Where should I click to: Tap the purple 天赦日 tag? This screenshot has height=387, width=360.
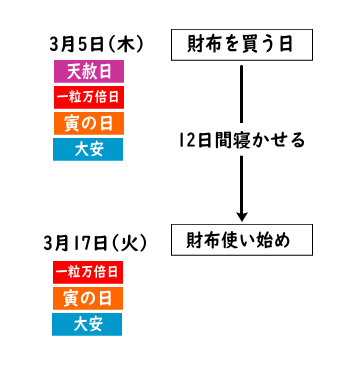88,72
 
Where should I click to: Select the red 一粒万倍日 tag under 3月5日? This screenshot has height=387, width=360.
88,97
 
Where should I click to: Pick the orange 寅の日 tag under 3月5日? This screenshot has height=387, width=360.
88,123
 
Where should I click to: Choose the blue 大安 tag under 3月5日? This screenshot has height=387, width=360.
88,149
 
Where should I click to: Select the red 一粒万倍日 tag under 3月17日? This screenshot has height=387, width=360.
88,272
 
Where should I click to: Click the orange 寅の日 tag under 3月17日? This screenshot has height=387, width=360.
88,298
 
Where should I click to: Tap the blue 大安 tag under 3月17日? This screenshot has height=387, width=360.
88,324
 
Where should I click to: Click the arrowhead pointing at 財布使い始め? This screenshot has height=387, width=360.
241,214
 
